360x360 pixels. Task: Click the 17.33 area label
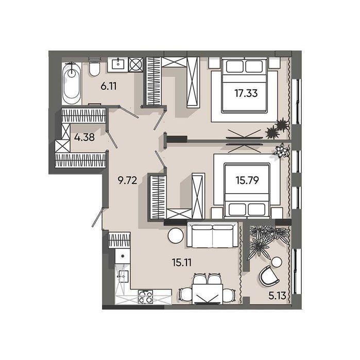click(246, 93)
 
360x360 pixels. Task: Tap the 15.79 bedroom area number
click(247, 180)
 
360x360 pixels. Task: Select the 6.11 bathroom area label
click(109, 87)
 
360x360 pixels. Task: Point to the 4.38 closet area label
click(84, 138)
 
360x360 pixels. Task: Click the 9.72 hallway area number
click(127, 180)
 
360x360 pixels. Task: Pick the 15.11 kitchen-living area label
click(182, 262)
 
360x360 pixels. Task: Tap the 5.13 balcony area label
click(278, 296)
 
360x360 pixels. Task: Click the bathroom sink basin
click(118, 63)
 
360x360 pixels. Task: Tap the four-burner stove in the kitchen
click(146, 297)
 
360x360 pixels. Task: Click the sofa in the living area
click(213, 234)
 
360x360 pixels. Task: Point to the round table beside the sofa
click(176, 235)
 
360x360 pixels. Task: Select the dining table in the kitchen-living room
click(208, 294)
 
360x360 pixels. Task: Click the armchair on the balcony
click(268, 276)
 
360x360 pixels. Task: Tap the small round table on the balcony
click(277, 262)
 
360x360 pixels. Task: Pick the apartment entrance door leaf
click(97, 217)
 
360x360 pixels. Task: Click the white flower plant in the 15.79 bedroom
click(281, 150)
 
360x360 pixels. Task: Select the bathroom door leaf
click(129, 112)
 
